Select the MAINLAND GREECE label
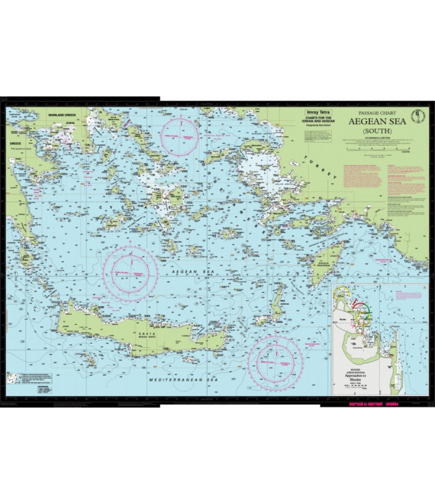(62, 115)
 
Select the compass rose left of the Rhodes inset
(275, 360)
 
